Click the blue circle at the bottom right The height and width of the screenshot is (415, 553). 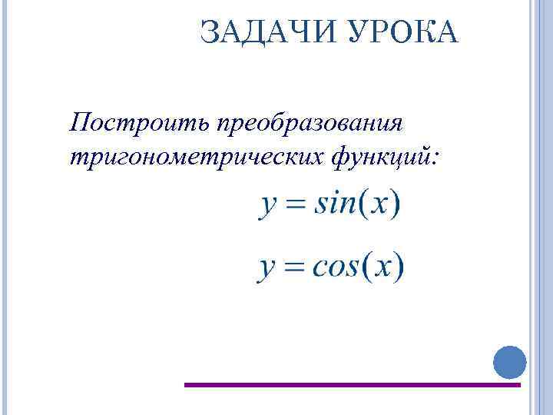pos(508,362)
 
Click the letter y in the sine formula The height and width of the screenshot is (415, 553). pos(268,207)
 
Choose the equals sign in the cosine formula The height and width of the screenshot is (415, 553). pos(295,268)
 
